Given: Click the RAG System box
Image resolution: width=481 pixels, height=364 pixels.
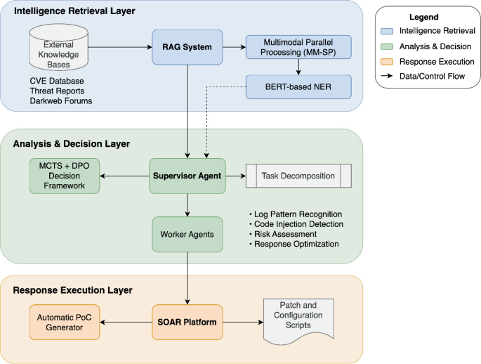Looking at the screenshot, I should (187, 48).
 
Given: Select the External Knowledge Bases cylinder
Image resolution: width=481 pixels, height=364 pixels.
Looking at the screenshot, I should (60, 48).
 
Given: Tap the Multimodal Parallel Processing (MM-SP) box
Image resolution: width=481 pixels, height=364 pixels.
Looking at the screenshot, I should (299, 48).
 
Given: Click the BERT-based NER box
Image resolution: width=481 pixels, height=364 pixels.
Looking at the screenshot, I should (299, 88).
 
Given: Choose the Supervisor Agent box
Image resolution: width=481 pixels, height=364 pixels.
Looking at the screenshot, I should (187, 176).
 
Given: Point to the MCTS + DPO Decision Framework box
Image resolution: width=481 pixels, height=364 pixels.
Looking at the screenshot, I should (65, 176).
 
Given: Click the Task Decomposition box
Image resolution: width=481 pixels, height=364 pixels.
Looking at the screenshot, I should (298, 176).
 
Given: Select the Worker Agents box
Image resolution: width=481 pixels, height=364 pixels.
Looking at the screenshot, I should (187, 233).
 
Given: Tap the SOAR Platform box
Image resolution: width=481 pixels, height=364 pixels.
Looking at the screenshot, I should (187, 322).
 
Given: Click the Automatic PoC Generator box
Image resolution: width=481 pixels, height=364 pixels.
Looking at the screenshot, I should (65, 322).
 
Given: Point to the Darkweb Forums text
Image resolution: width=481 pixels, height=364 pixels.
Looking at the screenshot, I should (60, 101).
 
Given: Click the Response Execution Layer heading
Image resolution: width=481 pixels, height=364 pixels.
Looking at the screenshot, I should (72, 290).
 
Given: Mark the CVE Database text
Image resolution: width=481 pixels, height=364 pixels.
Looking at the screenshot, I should (58, 80).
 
